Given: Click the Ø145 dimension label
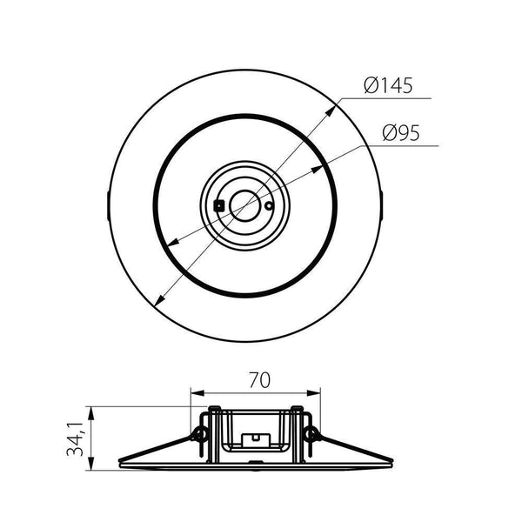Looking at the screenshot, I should pos(388,86).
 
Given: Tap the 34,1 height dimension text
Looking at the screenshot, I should pos(77,438).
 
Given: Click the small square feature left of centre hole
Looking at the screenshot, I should pos(219,204).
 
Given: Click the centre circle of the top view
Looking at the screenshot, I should pos(244,205).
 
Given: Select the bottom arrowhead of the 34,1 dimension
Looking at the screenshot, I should pos(91,467).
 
